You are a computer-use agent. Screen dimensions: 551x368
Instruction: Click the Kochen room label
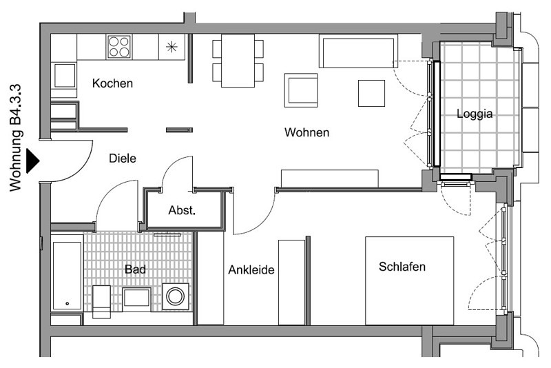click(x=112, y=83)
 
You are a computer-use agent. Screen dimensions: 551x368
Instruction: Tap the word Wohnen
click(x=306, y=132)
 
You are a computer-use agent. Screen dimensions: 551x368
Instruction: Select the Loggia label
click(x=475, y=114)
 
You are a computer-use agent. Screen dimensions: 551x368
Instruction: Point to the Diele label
click(x=123, y=159)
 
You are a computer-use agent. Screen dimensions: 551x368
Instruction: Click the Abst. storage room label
click(x=182, y=210)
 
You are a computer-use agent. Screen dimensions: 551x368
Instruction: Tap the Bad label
click(x=135, y=269)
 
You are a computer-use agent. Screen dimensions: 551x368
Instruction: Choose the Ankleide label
click(x=251, y=270)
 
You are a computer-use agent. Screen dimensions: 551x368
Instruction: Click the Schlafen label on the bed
click(x=402, y=267)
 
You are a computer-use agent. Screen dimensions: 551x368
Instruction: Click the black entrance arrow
click(x=33, y=161)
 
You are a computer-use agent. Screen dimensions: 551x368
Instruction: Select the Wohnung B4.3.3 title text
click(x=16, y=138)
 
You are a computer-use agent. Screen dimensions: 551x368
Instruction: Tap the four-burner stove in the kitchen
click(x=118, y=47)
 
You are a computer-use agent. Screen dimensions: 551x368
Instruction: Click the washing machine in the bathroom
click(x=176, y=296)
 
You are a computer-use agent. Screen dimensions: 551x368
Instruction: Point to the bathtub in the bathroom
click(x=67, y=275)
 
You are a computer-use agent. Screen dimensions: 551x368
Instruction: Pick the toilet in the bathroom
click(x=101, y=302)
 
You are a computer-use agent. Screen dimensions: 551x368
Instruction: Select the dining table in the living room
click(x=238, y=60)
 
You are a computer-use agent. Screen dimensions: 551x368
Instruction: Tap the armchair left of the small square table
click(x=301, y=90)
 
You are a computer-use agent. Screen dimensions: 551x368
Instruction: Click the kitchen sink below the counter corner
click(x=64, y=76)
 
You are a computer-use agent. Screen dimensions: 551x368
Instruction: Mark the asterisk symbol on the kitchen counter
click(x=171, y=47)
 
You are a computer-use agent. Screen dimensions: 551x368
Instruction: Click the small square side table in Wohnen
click(x=371, y=93)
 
